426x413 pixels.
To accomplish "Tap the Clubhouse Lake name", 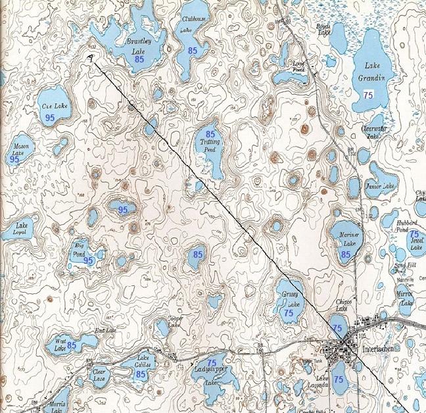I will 193,25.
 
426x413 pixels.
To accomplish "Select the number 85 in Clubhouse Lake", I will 193,50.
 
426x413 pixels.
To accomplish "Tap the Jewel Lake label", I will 415,244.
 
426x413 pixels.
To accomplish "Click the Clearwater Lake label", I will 371,133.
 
